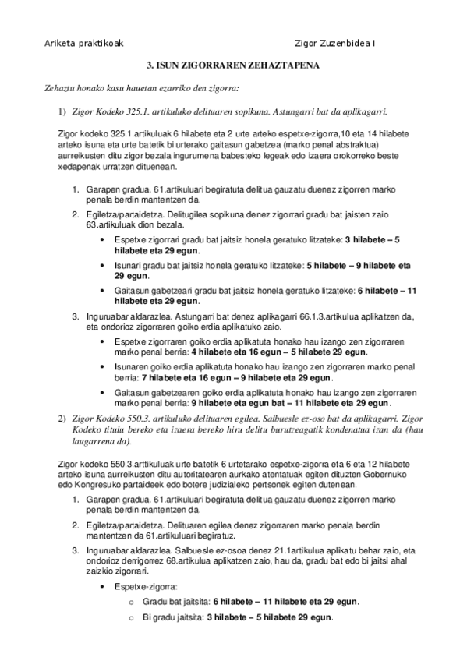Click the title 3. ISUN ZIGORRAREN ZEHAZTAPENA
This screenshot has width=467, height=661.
click(x=234, y=67)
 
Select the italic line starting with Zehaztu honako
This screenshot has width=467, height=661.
click(x=141, y=88)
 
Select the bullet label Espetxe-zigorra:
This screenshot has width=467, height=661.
click(x=146, y=585)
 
